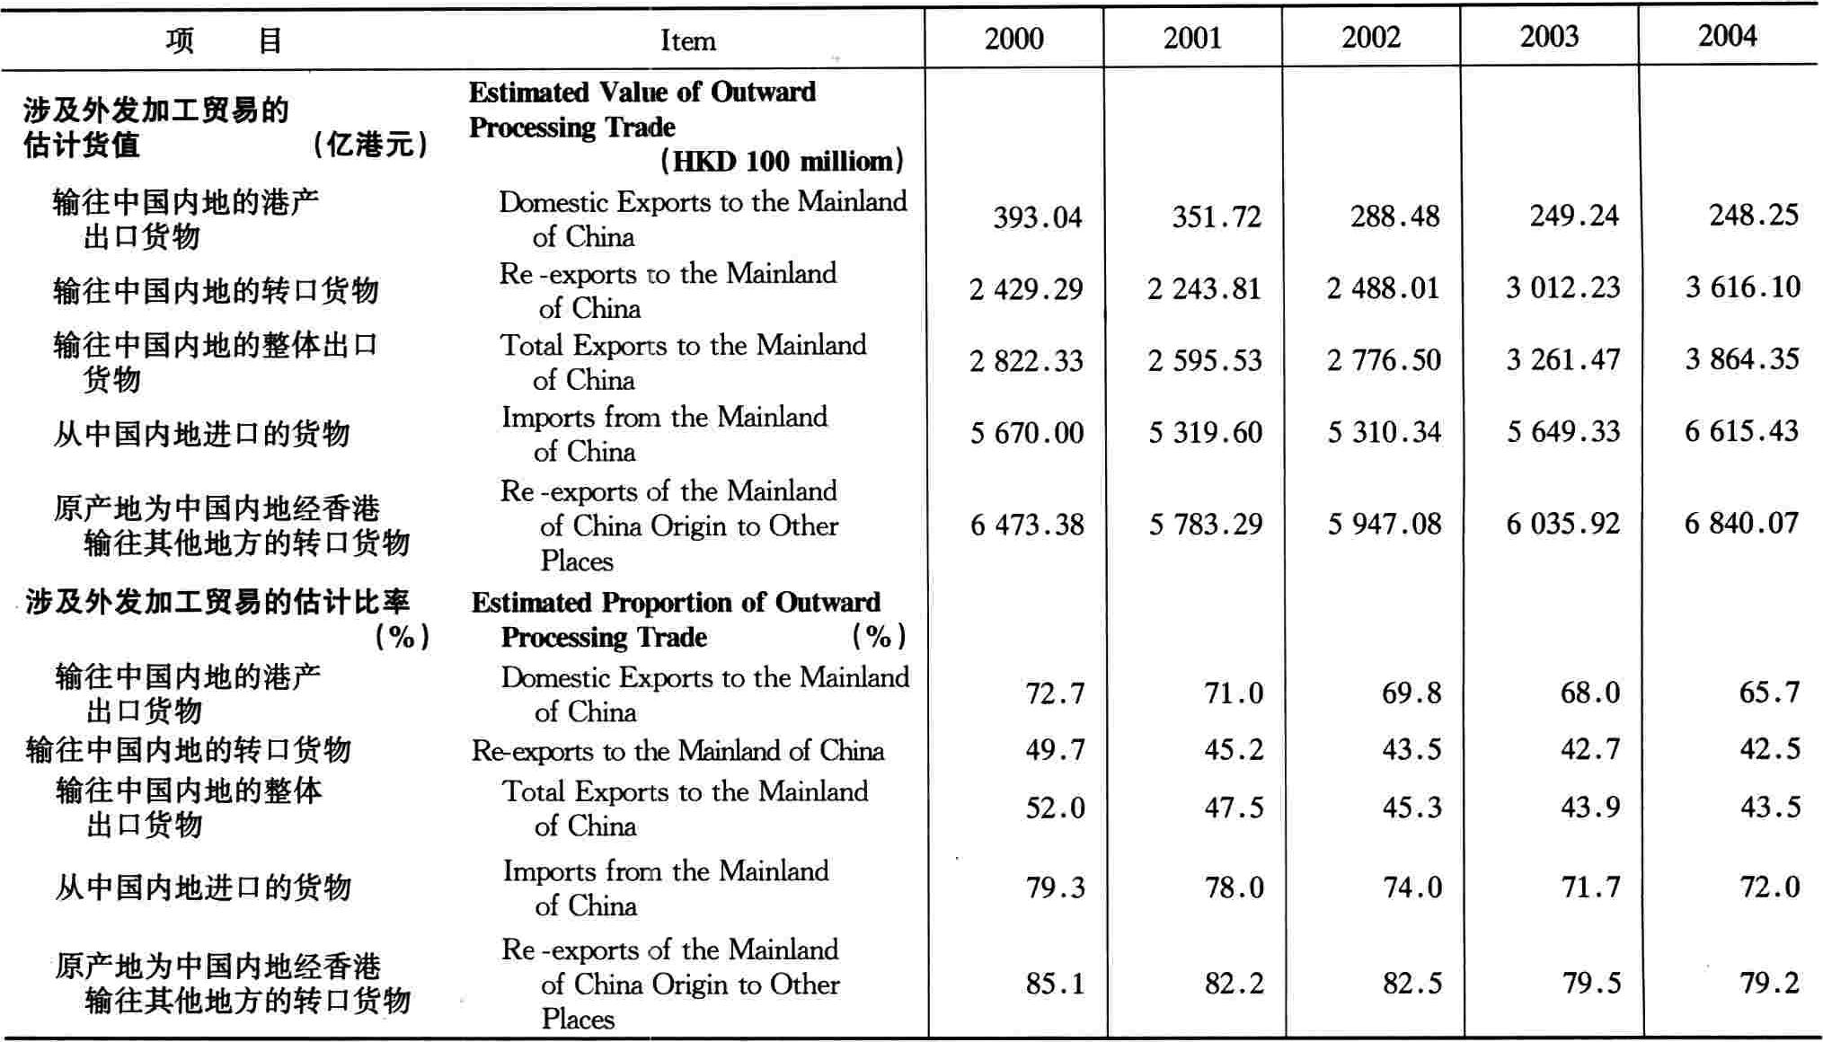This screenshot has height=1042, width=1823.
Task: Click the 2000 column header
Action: click(x=1013, y=39)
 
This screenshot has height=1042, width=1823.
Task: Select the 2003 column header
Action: click(x=1549, y=37)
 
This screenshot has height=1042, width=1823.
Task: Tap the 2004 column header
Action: click(x=1727, y=36)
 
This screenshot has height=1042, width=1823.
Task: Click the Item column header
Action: click(x=687, y=40)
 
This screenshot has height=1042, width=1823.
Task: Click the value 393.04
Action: click(x=1037, y=217)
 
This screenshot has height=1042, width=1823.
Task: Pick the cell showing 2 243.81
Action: click(x=1204, y=288)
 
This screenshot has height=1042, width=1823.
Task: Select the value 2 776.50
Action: click(x=1384, y=360)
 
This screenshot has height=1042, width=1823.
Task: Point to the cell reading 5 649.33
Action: click(x=1563, y=432)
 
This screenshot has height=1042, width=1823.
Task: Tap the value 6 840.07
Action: click(x=1741, y=523)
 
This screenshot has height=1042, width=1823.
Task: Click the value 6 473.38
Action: click(x=1027, y=525)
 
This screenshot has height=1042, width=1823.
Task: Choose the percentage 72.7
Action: click(x=1055, y=693)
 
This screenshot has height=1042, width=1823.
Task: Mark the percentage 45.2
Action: click(x=1234, y=750)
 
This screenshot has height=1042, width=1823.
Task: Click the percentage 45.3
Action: click(x=1411, y=808)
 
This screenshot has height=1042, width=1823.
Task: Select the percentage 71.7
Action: click(x=1590, y=887)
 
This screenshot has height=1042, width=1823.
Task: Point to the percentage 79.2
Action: click(x=1769, y=983)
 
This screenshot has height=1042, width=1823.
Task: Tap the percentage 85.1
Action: click(x=1055, y=984)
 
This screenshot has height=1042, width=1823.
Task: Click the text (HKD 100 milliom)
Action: click(x=782, y=162)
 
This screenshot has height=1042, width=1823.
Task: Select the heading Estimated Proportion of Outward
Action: click(x=676, y=603)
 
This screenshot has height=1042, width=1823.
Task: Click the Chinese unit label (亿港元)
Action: click(x=370, y=145)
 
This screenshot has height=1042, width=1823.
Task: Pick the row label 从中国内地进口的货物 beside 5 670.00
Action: click(x=201, y=434)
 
